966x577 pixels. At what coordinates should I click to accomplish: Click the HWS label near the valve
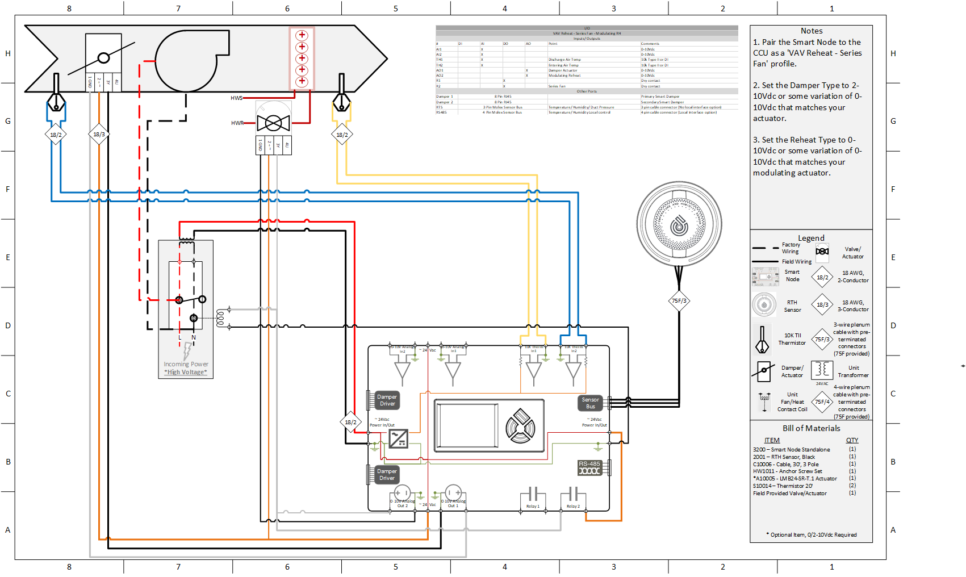[x=236, y=98]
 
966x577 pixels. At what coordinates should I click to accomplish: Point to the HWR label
[x=237, y=123]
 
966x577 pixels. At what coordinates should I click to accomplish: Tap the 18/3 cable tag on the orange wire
[x=99, y=135]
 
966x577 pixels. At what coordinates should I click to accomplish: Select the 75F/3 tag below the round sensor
[x=679, y=301]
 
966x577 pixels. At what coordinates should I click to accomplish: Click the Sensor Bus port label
[x=591, y=403]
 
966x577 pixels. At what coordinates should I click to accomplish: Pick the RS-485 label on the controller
[x=589, y=464]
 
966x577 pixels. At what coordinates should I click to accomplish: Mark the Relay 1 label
[x=533, y=506]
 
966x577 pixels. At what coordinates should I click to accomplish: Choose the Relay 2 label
[x=573, y=506]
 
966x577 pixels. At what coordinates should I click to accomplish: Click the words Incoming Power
[x=186, y=364]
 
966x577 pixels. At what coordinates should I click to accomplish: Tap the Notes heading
[x=812, y=31]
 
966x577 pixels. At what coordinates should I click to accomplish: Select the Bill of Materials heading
[x=811, y=428]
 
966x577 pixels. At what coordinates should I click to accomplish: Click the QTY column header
[x=852, y=440]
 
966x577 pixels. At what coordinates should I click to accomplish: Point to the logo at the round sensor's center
[x=679, y=225]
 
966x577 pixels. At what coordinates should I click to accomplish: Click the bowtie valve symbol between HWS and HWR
[x=273, y=123]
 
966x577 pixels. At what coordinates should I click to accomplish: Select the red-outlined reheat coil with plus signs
[x=302, y=58]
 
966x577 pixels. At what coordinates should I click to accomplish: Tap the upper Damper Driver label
[x=387, y=400]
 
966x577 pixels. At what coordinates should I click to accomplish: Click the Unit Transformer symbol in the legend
[x=822, y=370]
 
